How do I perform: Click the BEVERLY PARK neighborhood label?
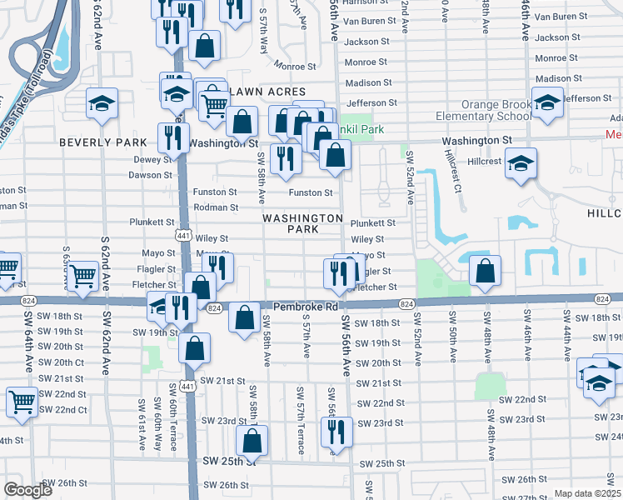click(x=92, y=142)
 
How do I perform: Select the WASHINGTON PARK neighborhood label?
click(x=302, y=223)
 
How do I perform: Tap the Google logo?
click(x=27, y=490)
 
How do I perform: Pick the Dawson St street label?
click(x=150, y=175)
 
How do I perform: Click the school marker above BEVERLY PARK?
click(x=102, y=103)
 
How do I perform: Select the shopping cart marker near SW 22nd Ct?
click(x=22, y=401)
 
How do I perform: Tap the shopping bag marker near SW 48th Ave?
click(x=485, y=270)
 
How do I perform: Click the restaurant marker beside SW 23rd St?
click(x=336, y=431)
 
